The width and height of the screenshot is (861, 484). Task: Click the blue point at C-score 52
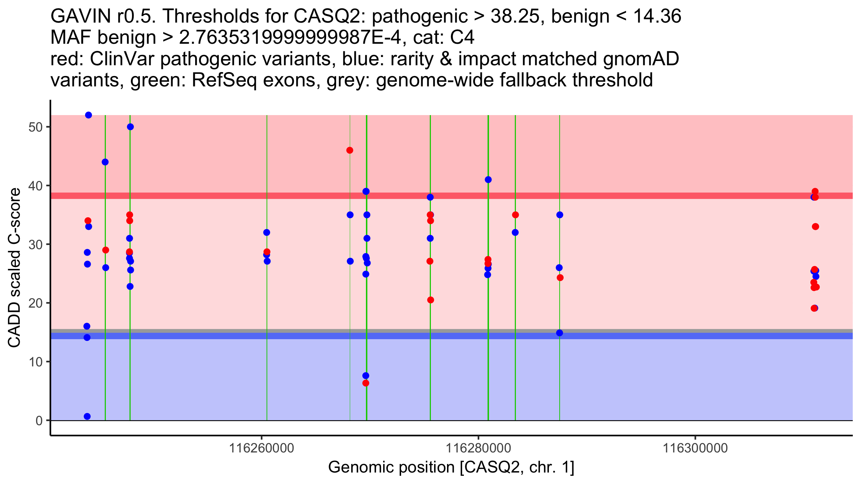click(89, 115)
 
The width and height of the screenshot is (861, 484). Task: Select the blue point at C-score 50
click(130, 127)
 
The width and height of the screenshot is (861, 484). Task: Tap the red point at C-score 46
click(350, 150)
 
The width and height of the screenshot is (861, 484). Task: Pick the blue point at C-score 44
click(105, 162)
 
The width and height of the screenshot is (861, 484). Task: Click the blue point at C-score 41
click(488, 180)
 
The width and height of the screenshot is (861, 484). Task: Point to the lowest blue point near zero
click(87, 416)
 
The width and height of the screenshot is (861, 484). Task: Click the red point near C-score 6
click(366, 383)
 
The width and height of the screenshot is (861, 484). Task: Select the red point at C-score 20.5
click(430, 300)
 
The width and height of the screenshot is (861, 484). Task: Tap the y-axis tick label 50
click(35, 127)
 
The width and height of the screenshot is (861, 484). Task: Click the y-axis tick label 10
click(35, 362)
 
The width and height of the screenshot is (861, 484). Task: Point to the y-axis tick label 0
click(39, 421)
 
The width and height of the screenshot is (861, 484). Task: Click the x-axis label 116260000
click(262, 448)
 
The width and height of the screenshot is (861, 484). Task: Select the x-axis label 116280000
click(478, 448)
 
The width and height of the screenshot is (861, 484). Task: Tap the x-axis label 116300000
click(695, 448)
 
